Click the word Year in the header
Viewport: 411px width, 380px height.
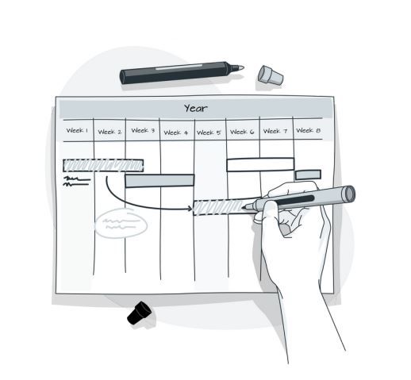[196, 108]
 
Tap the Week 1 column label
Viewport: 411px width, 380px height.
[77, 131]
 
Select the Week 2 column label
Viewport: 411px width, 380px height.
[109, 132]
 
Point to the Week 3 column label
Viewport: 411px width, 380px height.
[143, 131]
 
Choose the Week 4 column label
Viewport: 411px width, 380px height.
[176, 132]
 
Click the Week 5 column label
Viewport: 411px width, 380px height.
[209, 132]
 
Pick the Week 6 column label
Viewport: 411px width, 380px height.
[241, 132]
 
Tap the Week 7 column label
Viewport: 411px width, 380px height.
[275, 131]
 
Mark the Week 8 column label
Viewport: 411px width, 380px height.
[308, 131]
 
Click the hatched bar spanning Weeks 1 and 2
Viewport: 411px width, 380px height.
[103, 165]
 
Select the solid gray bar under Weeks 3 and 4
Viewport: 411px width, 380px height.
[159, 180]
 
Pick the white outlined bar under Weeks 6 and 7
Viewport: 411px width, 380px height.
[260, 165]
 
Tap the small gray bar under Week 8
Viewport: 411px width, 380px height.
[308, 175]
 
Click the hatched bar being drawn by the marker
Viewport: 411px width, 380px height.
[222, 207]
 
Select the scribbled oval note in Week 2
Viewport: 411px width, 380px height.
[121, 224]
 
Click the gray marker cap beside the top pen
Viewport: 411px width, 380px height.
[270, 75]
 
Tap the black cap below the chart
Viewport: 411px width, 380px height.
[140, 313]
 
